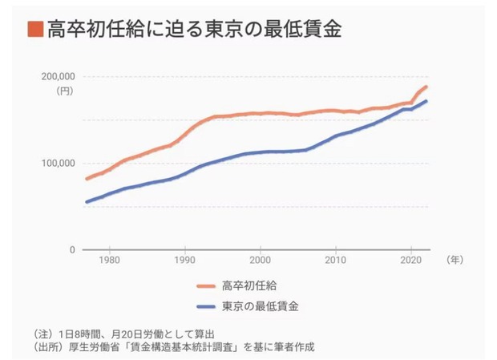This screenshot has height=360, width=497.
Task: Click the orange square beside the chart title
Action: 34,30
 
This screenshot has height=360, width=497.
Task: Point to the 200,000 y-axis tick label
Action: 57,77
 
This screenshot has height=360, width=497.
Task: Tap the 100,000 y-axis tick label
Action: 57,164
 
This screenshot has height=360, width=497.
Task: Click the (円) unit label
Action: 64,91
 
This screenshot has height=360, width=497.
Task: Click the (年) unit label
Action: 454,260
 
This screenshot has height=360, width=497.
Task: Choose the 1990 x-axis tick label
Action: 185,261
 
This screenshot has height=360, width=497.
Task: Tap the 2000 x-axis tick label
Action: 261,261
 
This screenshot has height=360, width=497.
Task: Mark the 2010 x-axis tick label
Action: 336,261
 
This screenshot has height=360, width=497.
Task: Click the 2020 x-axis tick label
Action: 410,261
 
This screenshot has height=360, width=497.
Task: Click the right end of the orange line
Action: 426,87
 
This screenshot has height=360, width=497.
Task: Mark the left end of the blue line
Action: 87,201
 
